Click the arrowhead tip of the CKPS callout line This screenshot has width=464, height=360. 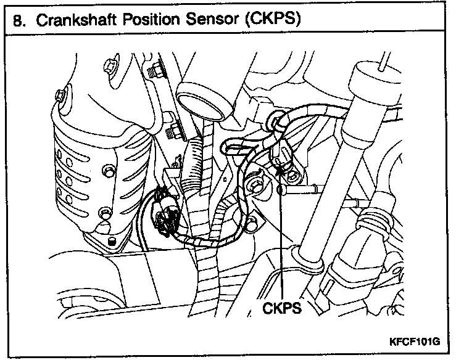click(281, 162)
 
